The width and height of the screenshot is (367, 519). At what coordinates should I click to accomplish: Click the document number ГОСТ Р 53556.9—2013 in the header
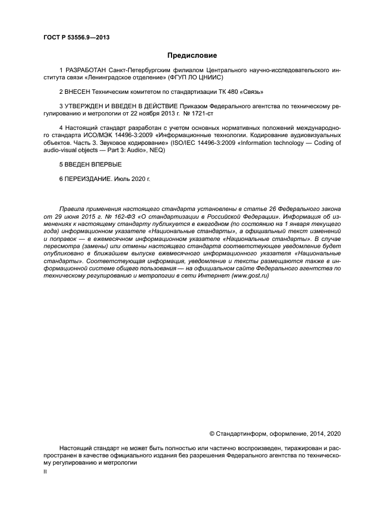pyautogui.click(x=76, y=37)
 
